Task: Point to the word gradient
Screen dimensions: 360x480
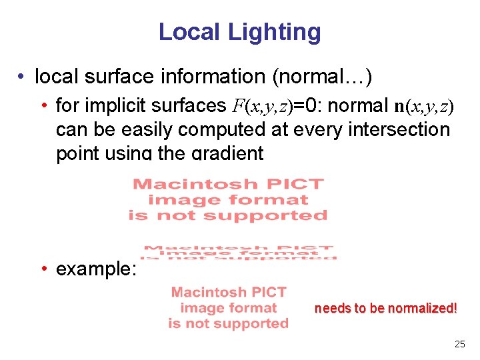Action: pos(228,153)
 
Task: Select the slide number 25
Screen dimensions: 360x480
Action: pos(459,345)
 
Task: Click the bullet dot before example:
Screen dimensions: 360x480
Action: pos(44,269)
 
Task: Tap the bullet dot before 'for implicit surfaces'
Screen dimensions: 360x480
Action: pos(44,106)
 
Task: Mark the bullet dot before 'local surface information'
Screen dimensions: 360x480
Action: pos(23,77)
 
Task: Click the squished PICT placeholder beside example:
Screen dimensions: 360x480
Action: pos(239,253)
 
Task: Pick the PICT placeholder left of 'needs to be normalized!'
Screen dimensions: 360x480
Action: pos(229,308)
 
